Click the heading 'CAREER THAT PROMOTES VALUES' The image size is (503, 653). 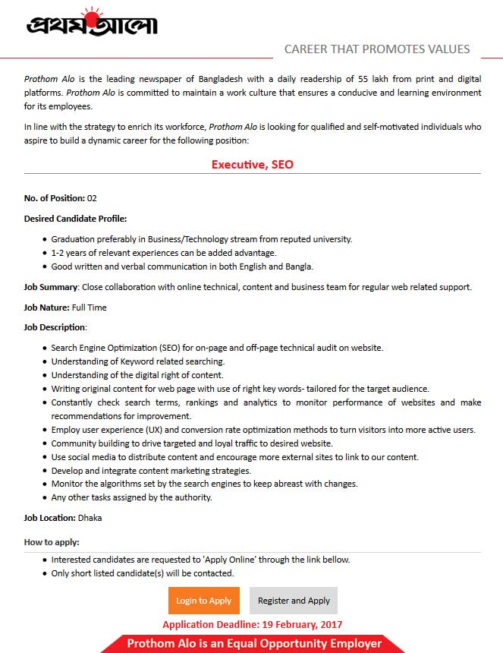(377, 49)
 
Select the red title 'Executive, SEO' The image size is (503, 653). (252, 164)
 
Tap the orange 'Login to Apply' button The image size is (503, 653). (204, 601)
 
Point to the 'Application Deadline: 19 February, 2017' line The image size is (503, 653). (252, 625)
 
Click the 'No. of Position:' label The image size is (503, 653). (55, 198)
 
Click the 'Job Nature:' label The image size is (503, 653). (46, 308)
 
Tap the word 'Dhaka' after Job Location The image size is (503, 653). (90, 518)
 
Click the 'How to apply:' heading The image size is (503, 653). (52, 542)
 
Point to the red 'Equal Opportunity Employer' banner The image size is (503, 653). (253, 644)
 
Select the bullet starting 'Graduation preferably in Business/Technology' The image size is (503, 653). (201, 239)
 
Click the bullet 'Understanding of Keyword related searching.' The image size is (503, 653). (138, 361)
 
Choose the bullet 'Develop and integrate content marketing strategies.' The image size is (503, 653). (140, 471)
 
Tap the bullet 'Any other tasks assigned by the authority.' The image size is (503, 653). (131, 498)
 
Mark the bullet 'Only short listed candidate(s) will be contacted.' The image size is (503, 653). (143, 573)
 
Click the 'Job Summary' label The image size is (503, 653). (51, 287)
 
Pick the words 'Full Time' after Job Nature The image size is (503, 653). (90, 308)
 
